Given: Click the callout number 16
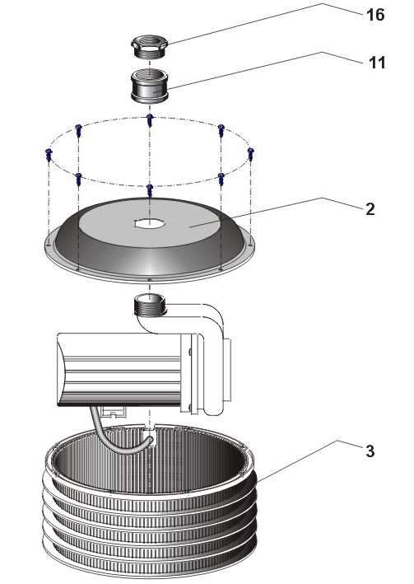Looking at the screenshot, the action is pyautogui.click(x=375, y=15).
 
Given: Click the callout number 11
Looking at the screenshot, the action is pyautogui.click(x=377, y=63).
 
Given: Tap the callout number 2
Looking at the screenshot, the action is pyautogui.click(x=370, y=209).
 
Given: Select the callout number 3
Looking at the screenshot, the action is pyautogui.click(x=370, y=451).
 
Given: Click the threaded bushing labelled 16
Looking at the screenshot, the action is pyautogui.click(x=149, y=46).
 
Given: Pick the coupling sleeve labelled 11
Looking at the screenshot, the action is pyautogui.click(x=149, y=86).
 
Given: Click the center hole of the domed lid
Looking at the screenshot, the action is pyautogui.click(x=150, y=223).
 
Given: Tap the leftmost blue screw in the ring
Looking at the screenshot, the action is pyautogui.click(x=49, y=154).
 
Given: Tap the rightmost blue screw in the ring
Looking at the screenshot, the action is pyautogui.click(x=250, y=154).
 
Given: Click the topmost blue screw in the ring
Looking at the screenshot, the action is pyautogui.click(x=149, y=120).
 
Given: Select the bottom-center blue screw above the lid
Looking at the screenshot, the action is pyautogui.click(x=149, y=190).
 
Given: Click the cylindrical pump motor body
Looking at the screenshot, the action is pyautogui.click(x=119, y=369).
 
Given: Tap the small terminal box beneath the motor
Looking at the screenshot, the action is pyautogui.click(x=114, y=412).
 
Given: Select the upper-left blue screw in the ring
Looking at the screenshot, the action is pyautogui.click(x=78, y=130).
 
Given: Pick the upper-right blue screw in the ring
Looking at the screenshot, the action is pyautogui.click(x=221, y=130).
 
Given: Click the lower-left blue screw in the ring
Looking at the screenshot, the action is pyautogui.click(x=78, y=179).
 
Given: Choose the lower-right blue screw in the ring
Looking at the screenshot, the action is pyautogui.click(x=221, y=179).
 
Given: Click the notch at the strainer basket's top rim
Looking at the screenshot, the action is pyautogui.click(x=149, y=429).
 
